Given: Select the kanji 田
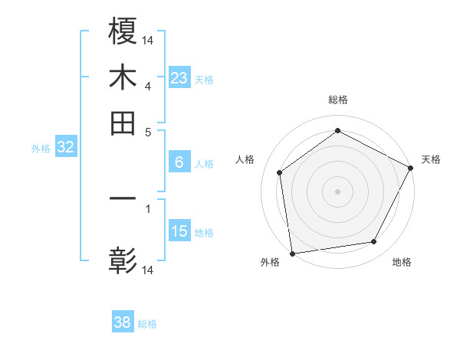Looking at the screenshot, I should (x=123, y=123).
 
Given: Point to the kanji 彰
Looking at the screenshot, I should (x=123, y=260).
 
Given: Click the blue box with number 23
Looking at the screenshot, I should (x=179, y=77).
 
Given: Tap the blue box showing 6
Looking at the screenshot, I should (x=179, y=162).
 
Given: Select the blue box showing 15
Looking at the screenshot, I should (x=179, y=231).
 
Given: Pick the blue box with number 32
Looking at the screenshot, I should (x=65, y=147).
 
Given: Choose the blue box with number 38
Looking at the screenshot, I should (x=123, y=322).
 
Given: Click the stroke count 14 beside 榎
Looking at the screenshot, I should (x=148, y=39).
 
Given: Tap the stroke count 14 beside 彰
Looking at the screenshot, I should (x=148, y=270).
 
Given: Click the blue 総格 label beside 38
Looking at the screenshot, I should (x=147, y=324).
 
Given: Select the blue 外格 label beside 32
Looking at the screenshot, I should (x=41, y=149).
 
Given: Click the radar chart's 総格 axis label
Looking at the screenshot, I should (x=338, y=100).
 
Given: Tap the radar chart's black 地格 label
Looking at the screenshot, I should (x=402, y=263).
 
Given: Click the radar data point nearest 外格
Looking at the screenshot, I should (x=292, y=253).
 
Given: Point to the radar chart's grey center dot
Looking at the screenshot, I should (x=338, y=191).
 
